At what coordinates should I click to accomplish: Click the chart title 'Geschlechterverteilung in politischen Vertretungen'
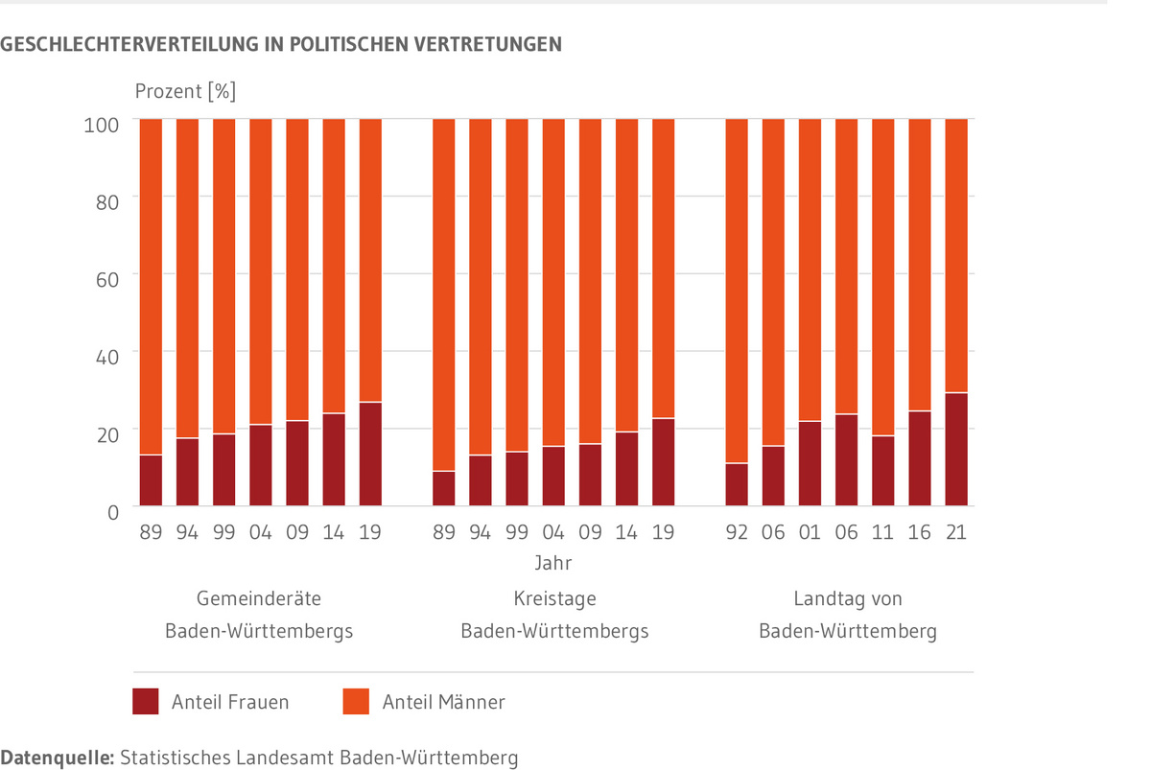281,44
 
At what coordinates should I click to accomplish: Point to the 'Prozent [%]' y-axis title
185,92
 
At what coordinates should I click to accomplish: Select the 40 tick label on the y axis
106,355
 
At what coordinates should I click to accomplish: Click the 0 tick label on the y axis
112,511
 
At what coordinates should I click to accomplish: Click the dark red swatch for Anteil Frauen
146,701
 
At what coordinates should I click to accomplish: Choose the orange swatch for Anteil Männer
356,701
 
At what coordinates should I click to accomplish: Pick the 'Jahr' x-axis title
553,563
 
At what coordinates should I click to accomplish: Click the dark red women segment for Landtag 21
955,450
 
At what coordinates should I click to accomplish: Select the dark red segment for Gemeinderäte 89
151,480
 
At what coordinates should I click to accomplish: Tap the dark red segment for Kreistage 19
663,462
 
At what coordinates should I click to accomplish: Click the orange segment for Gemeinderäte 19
370,260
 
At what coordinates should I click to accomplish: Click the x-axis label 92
736,532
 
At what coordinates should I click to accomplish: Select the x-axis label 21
955,532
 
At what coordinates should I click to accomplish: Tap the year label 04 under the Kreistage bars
553,532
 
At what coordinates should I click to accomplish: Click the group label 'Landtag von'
848,599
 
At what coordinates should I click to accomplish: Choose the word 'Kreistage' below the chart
554,599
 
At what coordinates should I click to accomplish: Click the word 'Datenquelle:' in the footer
57,758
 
